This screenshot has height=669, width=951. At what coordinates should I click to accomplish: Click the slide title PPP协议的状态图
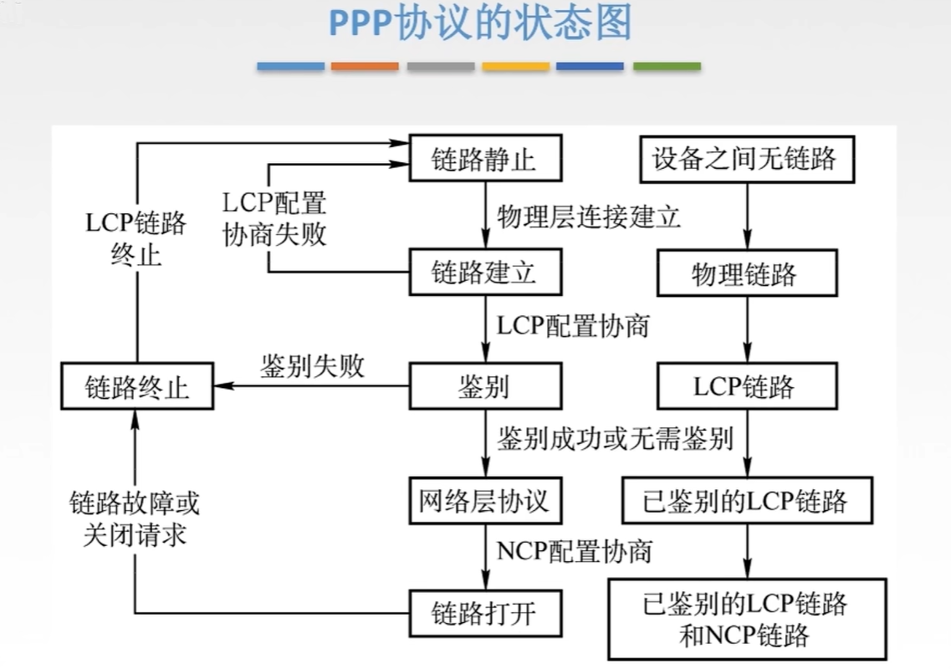pos(479,24)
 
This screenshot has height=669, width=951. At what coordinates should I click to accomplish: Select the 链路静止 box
pos(484,159)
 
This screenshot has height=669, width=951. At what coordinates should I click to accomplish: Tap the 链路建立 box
pos(484,273)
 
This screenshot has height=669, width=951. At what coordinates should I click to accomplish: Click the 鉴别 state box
pos(484,386)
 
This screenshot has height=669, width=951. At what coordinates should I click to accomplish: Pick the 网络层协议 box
pos(484,500)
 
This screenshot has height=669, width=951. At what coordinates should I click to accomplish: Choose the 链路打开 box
pos(484,614)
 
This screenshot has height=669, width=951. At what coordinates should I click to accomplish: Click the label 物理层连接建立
pos(589,217)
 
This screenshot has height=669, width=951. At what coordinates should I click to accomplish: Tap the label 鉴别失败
pos(312,366)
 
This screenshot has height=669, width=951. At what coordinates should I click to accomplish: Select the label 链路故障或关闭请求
pos(135,518)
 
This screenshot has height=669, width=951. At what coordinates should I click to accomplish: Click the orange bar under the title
pos(365,66)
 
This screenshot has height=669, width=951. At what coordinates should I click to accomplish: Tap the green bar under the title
pos(667,66)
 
